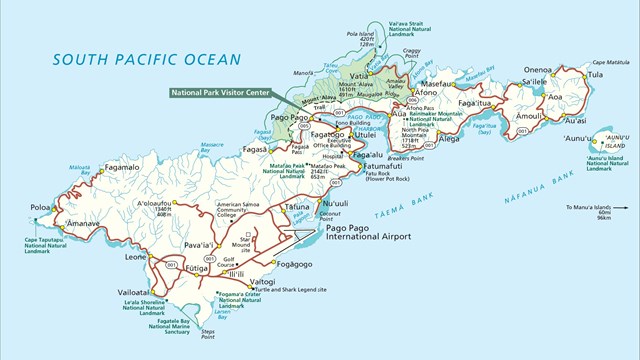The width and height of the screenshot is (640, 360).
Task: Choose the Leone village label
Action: pyautogui.click(x=136, y=257)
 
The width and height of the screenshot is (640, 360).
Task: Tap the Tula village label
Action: pyautogui.click(x=596, y=74)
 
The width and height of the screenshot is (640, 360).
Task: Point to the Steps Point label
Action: pyautogui.click(x=207, y=333)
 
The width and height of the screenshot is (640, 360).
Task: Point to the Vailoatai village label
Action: pyautogui.click(x=132, y=282)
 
